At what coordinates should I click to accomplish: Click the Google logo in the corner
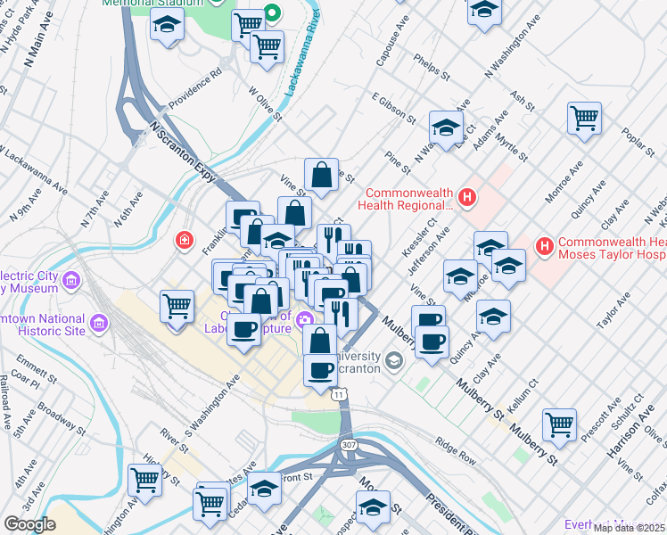(x=29, y=524)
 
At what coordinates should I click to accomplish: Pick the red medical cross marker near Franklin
(x=184, y=240)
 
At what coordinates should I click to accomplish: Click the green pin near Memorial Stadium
(x=274, y=13)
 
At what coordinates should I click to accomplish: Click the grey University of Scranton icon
(x=394, y=360)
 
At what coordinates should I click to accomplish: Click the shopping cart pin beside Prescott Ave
(x=559, y=424)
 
